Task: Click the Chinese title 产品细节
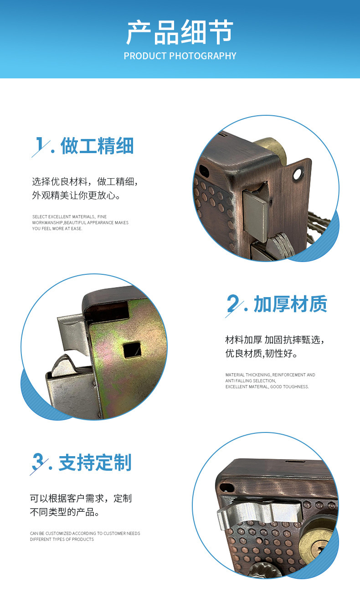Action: (180, 32)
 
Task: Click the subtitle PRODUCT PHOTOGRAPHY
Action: (180, 56)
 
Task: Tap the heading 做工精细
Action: (97, 146)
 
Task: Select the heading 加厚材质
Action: (290, 304)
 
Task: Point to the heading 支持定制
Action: (95, 462)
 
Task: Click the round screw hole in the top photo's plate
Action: (298, 174)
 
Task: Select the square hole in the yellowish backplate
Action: (132, 350)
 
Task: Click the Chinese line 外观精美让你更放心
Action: (76, 195)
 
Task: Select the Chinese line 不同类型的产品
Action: (64, 512)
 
